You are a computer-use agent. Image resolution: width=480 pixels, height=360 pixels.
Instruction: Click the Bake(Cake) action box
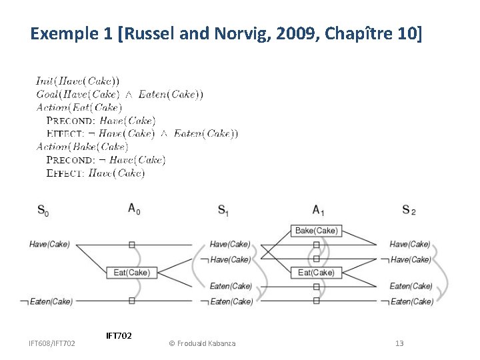point(317,231)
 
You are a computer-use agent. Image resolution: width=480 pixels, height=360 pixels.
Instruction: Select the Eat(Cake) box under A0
point(131,272)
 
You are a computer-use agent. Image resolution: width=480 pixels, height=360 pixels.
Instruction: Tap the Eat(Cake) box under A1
point(317,272)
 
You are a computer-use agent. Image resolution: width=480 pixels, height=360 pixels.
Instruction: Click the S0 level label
point(42,211)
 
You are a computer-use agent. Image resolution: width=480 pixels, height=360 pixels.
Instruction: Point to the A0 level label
point(134,209)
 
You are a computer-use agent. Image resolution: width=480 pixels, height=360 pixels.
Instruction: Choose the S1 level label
point(223,211)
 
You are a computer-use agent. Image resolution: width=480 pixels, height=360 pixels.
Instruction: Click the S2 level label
point(409,211)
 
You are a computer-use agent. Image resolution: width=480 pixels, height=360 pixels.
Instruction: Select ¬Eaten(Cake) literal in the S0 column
point(46,301)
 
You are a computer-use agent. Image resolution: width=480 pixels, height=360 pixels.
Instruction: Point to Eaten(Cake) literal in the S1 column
point(231,286)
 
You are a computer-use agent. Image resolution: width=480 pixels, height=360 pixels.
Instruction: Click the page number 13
point(399,343)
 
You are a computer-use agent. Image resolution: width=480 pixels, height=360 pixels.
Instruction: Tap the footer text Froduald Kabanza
point(206,343)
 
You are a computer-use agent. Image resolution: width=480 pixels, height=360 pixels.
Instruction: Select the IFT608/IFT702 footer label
point(51,343)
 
